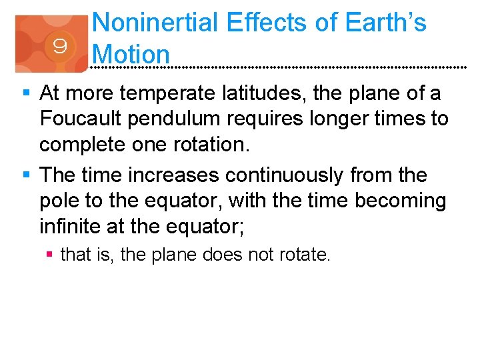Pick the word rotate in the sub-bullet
click(307, 255)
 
